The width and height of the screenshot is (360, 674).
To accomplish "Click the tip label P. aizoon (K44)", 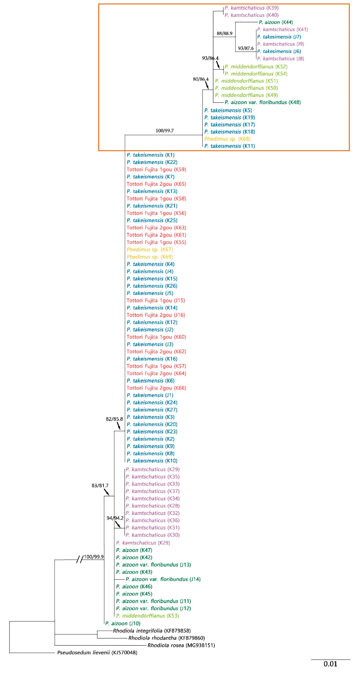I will pyautogui.click(x=276, y=22).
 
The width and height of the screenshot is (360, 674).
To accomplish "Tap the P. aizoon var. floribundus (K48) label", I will pyautogui.click(x=262, y=102).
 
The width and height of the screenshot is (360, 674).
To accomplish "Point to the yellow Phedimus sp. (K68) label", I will pyautogui.click(x=227, y=139).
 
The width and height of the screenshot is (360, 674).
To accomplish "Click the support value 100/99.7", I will pyautogui.click(x=165, y=131).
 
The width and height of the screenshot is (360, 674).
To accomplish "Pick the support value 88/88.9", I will pyautogui.click(x=224, y=33).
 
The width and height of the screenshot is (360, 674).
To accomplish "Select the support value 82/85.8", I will pyautogui.click(x=114, y=419).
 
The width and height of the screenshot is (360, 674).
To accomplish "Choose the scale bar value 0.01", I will pyautogui.click(x=330, y=664).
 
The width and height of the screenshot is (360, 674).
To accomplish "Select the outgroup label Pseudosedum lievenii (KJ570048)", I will pyautogui.click(x=97, y=652).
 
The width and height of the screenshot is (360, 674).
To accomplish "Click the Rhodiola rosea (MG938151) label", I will pyautogui.click(x=181, y=645).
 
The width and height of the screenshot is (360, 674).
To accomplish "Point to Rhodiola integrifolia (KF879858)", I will pyautogui.click(x=152, y=631).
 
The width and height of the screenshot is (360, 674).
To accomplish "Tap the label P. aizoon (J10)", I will pyautogui.click(x=123, y=623).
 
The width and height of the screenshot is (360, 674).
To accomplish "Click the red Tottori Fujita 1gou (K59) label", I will pyautogui.click(x=156, y=170).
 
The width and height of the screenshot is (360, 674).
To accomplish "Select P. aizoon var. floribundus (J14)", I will pyautogui.click(x=163, y=579).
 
